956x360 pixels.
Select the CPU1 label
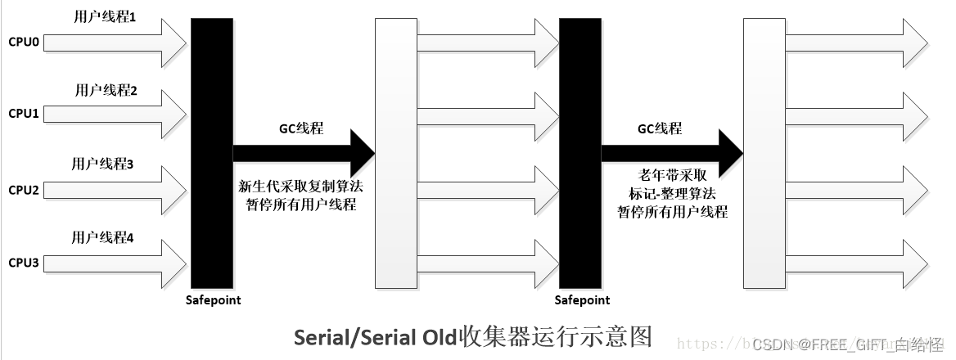(24, 113)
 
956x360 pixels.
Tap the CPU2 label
(24, 190)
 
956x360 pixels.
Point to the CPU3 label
(24, 263)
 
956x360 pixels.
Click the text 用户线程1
(104, 16)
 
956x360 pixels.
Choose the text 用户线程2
(106, 90)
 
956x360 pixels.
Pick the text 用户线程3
(103, 164)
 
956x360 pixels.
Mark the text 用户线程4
(103, 238)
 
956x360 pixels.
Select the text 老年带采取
(672, 176)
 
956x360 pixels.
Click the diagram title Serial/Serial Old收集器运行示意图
(472, 336)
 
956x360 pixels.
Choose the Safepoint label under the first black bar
(214, 300)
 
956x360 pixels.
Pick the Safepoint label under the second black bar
(582, 300)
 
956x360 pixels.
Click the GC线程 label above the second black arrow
(659, 129)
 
